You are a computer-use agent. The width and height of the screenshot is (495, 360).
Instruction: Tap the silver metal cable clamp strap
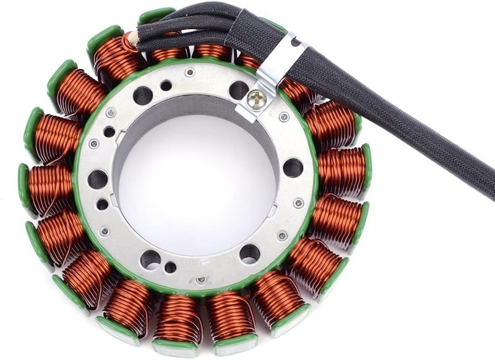click(x=272, y=68)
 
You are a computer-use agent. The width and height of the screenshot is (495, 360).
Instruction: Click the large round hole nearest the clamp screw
click(x=239, y=90)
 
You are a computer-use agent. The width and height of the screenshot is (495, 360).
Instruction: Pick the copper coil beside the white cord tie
click(x=114, y=59)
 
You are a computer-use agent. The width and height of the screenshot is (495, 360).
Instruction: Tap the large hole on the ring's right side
click(x=293, y=168)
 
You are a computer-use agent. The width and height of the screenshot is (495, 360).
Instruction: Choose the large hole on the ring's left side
click(x=98, y=179)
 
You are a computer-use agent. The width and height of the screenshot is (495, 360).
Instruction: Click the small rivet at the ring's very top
click(x=190, y=72)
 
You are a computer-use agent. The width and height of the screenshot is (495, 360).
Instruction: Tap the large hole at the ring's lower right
click(x=250, y=252)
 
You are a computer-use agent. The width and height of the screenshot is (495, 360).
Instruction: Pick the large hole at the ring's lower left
click(x=150, y=259)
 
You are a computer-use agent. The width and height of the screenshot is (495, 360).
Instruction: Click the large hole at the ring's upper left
click(x=142, y=95)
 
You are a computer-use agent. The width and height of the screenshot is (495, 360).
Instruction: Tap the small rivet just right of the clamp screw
click(x=284, y=117)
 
